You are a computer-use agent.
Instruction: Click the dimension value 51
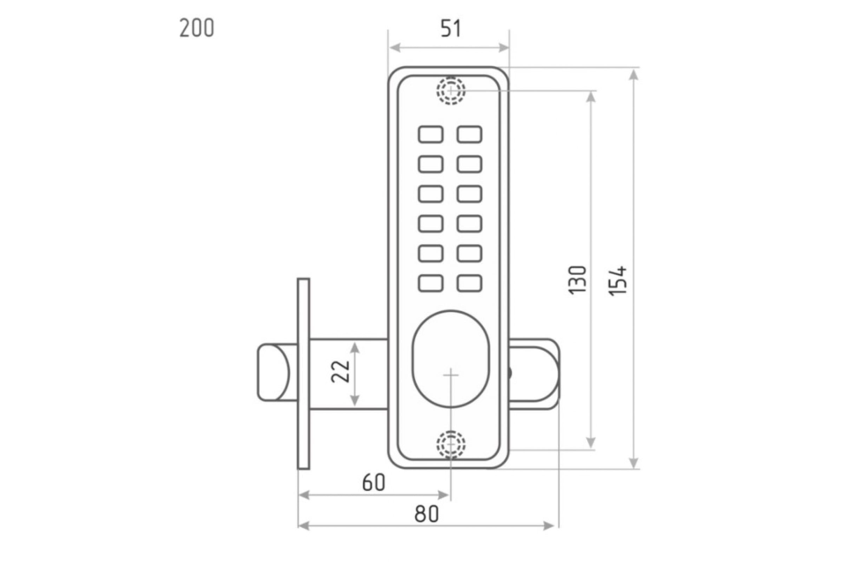tap(451, 29)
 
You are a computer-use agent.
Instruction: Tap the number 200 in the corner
tap(197, 28)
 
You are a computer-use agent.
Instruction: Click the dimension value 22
tap(340, 372)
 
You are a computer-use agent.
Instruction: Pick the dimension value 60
tap(373, 482)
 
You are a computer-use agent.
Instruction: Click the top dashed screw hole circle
tap(451, 91)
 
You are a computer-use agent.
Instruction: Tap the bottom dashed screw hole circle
tap(451, 445)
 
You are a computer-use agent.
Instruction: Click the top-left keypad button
tap(431, 135)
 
